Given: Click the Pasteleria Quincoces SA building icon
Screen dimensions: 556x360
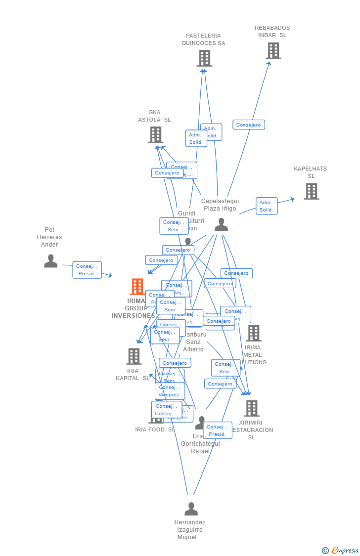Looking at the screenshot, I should pyautogui.click(x=204, y=58).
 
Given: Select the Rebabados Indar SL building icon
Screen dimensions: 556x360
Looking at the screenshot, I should pyautogui.click(x=273, y=50).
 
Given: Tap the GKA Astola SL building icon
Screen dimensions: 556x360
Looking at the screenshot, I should pyautogui.click(x=155, y=134).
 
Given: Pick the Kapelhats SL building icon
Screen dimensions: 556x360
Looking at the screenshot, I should pyautogui.click(x=311, y=191).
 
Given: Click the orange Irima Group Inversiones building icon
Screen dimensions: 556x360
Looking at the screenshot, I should pyautogui.click(x=137, y=287).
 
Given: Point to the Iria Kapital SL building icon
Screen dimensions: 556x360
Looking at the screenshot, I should pyautogui.click(x=134, y=356).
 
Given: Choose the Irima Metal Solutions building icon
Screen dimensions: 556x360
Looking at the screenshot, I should pyautogui.click(x=254, y=333).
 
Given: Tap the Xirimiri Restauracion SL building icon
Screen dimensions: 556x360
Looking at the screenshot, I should pyautogui.click(x=252, y=408).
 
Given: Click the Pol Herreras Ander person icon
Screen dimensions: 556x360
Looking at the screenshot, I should pyautogui.click(x=50, y=261).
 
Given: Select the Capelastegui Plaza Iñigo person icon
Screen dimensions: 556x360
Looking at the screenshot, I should pyautogui.click(x=221, y=224).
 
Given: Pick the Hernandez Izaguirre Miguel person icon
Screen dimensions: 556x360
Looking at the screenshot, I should pyautogui.click(x=191, y=509).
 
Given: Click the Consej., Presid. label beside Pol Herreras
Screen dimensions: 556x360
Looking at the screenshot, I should pyautogui.click(x=87, y=270).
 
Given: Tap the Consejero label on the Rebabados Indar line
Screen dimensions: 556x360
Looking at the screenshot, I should pyautogui.click(x=248, y=125).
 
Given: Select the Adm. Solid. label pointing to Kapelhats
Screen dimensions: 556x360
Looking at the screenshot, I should pyautogui.click(x=266, y=206).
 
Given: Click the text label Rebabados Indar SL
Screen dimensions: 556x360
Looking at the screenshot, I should pyautogui.click(x=272, y=32).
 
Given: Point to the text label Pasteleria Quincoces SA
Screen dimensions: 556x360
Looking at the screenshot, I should pyautogui.click(x=203, y=40).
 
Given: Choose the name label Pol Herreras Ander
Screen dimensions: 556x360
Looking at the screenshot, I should pyautogui.click(x=49, y=237).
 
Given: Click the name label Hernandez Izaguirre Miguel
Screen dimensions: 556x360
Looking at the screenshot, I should pyautogui.click(x=190, y=530).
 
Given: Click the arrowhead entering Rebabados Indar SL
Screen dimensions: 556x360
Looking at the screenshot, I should pyautogui.click(x=270, y=63).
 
